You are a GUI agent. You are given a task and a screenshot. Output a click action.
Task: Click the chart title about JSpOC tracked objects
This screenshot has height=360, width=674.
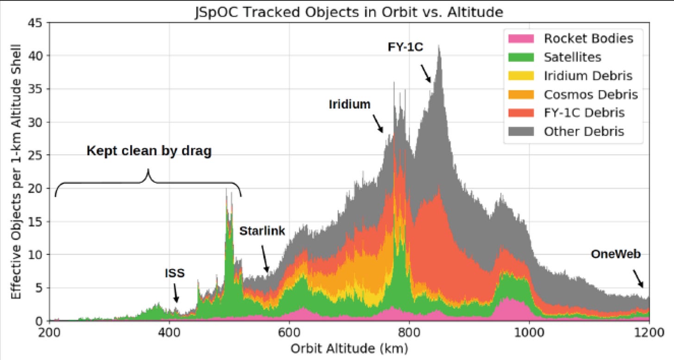pos(349,13)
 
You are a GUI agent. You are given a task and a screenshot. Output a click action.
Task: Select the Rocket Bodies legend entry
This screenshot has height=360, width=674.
pos(588,38)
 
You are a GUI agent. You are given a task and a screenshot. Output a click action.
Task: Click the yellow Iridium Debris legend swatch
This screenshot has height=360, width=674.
pos(522,75)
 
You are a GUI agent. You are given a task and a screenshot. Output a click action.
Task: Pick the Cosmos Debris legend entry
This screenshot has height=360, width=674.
pos(591,94)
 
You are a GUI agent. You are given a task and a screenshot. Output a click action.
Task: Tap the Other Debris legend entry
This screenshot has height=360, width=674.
pos(584,131)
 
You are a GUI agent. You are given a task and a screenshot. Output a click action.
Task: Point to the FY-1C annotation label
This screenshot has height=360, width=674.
pos(405,47)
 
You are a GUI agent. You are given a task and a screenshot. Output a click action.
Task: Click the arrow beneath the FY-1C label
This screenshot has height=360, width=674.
pos(425,74)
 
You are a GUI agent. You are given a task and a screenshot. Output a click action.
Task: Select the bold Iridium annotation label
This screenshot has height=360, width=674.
pos(349,105)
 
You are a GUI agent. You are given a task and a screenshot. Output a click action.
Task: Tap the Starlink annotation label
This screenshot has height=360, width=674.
pos(262,231)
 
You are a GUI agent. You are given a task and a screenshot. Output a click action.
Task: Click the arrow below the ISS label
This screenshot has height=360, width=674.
pos(175,294)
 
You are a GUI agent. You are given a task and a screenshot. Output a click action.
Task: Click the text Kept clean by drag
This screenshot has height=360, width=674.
pos(149,151)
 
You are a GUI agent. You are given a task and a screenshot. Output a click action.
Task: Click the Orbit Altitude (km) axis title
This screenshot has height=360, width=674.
pos(349,348)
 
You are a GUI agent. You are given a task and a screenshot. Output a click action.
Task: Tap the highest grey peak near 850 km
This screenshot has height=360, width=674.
pos(438,47)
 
